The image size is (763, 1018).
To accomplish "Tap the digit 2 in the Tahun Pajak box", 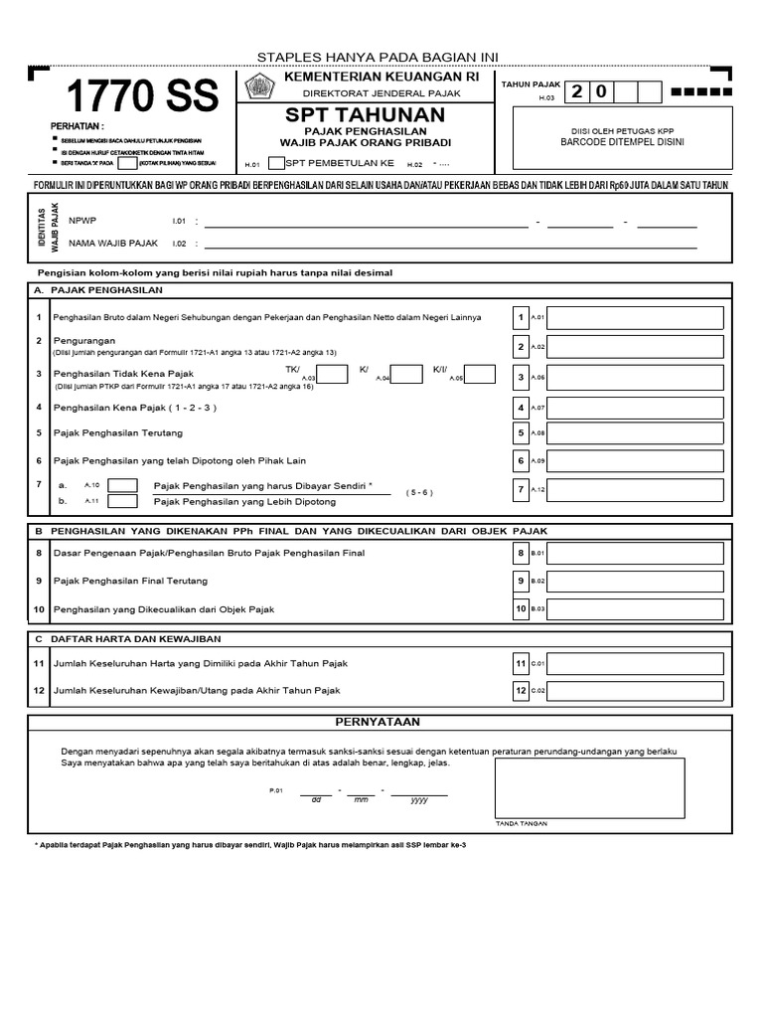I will [x=577, y=92].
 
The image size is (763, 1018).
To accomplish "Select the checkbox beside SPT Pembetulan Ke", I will [x=275, y=163].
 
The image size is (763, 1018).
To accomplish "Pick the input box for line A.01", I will [x=635, y=318].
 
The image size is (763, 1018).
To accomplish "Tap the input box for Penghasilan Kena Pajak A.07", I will [x=635, y=408].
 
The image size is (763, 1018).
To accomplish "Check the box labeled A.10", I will [x=122, y=485].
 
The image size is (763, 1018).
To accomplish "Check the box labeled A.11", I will [x=122, y=502].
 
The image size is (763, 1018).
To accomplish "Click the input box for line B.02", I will [x=635, y=580].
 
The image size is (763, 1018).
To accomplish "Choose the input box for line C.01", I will [x=635, y=663].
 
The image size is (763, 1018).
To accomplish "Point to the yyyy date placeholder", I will [x=418, y=798].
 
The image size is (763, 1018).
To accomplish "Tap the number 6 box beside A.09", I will [x=520, y=460].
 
